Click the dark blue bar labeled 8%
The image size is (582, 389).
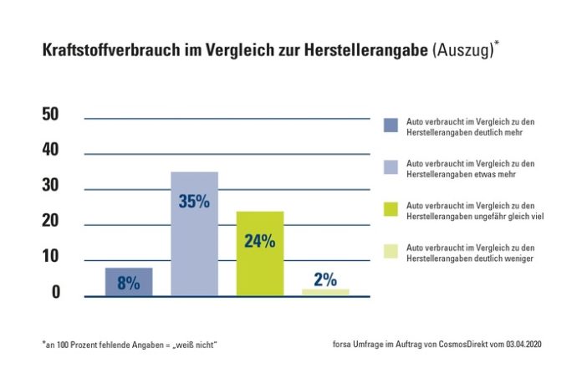pos(128,282)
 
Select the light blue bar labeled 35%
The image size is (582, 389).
pos(194,233)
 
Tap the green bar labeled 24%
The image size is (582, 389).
pos(260,253)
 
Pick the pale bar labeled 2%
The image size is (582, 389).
pos(325,292)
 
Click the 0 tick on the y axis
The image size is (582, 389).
pos(55,293)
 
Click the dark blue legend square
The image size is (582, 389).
pos(391,125)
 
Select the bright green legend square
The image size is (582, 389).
pos(391,209)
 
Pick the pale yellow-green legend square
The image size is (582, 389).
pos(391,252)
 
